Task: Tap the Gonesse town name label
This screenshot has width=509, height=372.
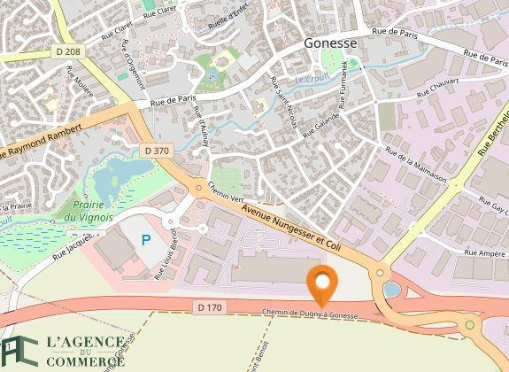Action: pos(330,43)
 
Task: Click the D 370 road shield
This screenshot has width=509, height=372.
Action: pos(155,151)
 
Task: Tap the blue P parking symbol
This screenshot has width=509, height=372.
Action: pos(146,239)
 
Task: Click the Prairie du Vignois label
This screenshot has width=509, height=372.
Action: pos(87,210)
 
